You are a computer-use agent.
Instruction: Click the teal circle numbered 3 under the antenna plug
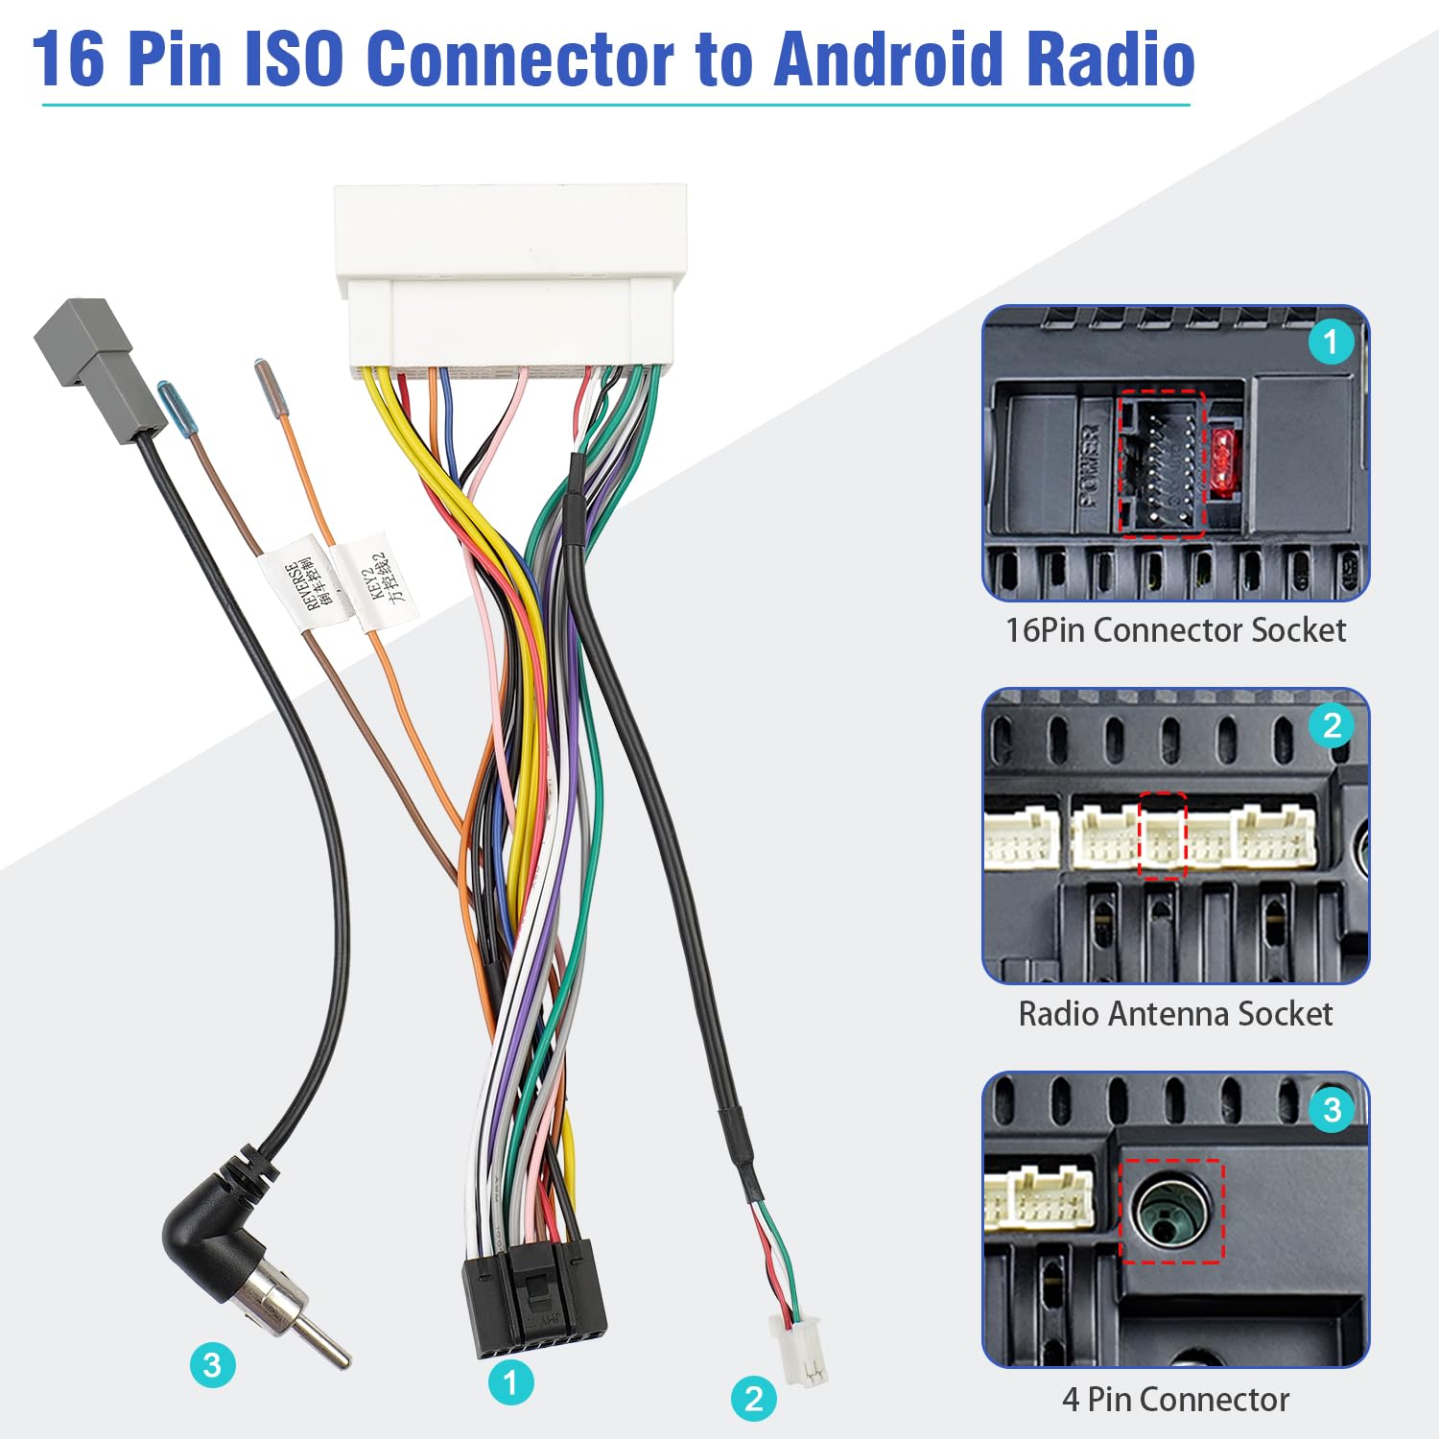click(x=212, y=1365)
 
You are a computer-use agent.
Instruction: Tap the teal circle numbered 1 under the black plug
click(x=510, y=1382)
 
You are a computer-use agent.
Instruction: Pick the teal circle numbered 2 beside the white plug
click(x=753, y=1399)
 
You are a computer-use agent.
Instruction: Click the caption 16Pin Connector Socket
click(x=1175, y=630)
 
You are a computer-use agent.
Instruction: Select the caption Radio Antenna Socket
click(x=1175, y=1014)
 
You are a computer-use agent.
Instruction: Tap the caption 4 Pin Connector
click(x=1175, y=1400)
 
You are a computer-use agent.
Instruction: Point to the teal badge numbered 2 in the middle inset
click(x=1332, y=725)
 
